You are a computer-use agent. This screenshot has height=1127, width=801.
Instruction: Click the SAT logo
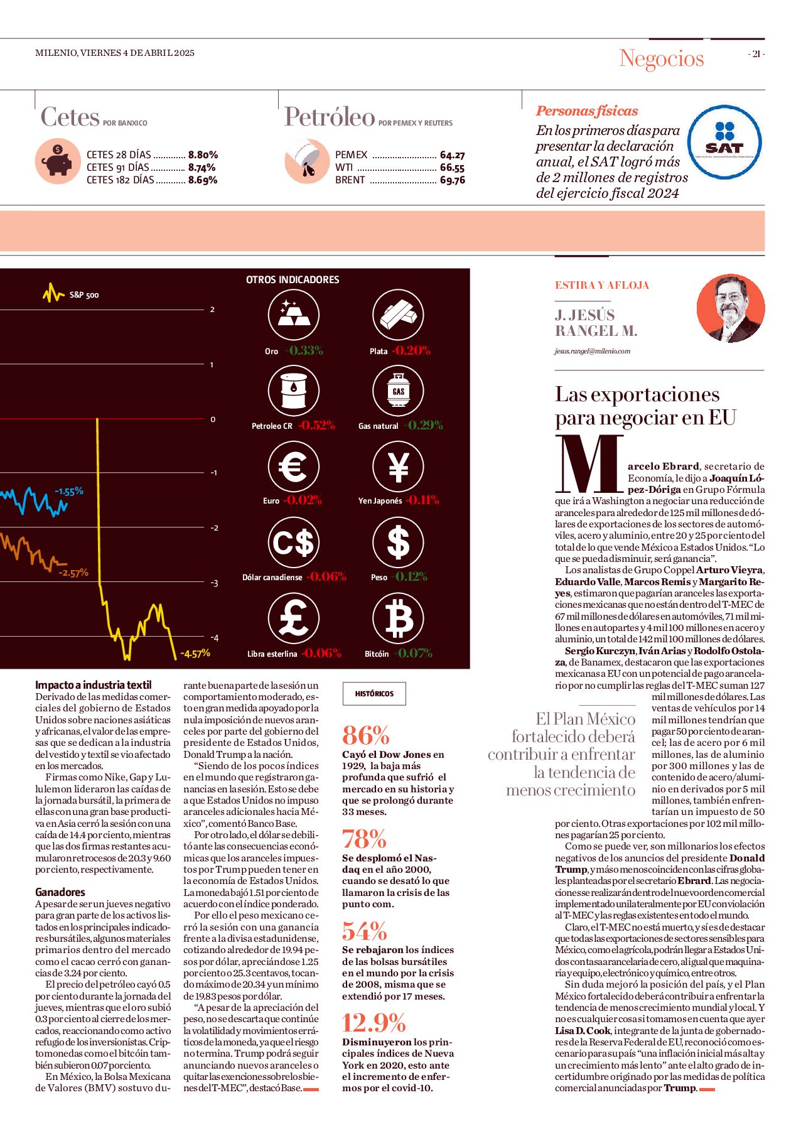pyautogui.click(x=724, y=142)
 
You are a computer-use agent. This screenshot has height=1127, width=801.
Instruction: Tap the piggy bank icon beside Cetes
pyautogui.click(x=58, y=161)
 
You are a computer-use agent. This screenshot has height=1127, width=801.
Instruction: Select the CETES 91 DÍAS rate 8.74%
pyautogui.click(x=202, y=168)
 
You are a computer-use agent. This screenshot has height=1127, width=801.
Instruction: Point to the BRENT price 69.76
pyautogui.click(x=453, y=180)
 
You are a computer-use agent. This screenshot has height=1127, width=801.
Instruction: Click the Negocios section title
pyautogui.click(x=662, y=58)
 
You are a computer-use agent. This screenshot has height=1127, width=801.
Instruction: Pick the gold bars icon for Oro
pyautogui.click(x=293, y=315)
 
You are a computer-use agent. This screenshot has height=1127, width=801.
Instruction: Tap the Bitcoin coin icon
pyautogui.click(x=398, y=618)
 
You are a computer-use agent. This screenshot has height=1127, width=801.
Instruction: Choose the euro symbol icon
pyautogui.click(x=293, y=467)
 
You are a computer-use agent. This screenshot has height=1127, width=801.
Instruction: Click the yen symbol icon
pyautogui.click(x=398, y=467)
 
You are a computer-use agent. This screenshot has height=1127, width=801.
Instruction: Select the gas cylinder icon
pyautogui.click(x=398, y=391)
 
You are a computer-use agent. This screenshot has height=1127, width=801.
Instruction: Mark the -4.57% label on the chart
pyautogui.click(x=195, y=654)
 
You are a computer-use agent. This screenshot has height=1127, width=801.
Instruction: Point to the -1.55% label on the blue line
pyautogui.click(x=69, y=492)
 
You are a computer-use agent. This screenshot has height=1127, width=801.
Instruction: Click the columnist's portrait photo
pyautogui.click(x=731, y=308)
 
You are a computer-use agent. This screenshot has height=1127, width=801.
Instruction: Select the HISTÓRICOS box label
pyautogui.click(x=374, y=694)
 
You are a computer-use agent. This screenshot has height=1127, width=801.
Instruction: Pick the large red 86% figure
pyautogui.click(x=366, y=735)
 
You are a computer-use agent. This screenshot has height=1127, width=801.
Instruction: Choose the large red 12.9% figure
pyautogui.click(x=374, y=1023)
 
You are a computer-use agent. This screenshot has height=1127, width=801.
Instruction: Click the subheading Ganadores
pyautogui.click(x=60, y=892)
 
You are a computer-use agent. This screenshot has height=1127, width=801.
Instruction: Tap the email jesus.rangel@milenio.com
pyautogui.click(x=592, y=351)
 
